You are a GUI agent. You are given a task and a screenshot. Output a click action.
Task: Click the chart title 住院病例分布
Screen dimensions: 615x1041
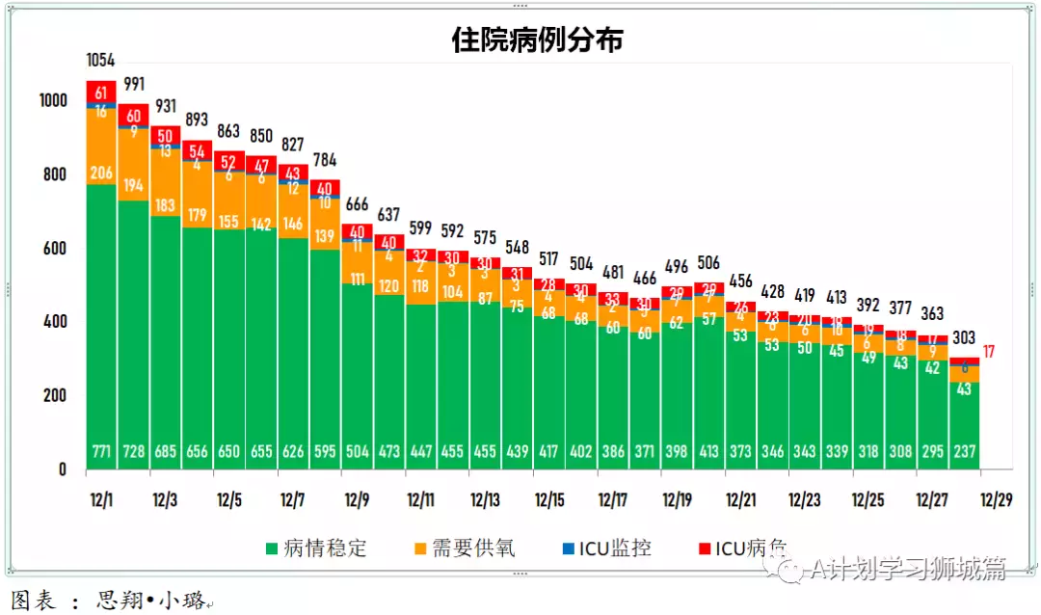click(537, 40)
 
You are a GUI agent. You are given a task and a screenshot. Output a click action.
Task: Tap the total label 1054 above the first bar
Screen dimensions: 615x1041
click(101, 61)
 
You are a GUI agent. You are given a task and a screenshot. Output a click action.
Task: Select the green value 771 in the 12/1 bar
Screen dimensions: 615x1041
click(101, 452)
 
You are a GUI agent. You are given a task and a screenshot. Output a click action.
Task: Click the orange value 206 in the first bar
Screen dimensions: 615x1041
click(101, 174)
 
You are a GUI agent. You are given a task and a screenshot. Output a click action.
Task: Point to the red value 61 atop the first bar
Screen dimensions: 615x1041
click(101, 93)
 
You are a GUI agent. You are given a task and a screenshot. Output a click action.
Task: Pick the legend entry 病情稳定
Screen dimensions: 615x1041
click(315, 548)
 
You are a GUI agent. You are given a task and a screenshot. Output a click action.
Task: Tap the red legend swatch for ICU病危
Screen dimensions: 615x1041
click(706, 549)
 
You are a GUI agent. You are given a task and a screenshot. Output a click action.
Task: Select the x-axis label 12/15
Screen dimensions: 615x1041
click(549, 500)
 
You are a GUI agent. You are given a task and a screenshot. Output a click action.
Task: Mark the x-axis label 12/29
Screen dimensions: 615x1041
click(996, 500)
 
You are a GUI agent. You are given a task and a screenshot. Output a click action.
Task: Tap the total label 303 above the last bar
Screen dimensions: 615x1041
click(964, 338)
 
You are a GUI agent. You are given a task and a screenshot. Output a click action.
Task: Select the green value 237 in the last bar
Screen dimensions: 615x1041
click(964, 452)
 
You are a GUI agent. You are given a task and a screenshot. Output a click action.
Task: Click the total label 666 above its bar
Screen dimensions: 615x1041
click(357, 204)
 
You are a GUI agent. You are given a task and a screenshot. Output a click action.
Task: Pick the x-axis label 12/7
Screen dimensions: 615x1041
click(293, 500)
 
